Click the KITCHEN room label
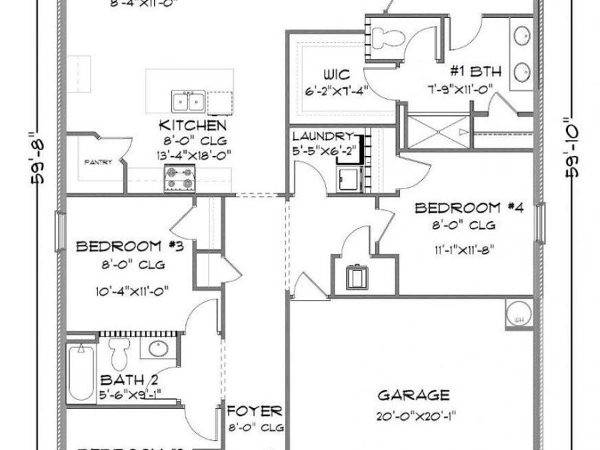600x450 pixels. coord(192,125)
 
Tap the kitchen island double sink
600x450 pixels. coord(187,102)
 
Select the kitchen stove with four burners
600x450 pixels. coord(179,178)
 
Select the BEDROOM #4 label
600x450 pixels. coord(469,209)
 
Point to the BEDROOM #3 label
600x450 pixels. coord(135,247)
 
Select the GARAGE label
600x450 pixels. coord(413,395)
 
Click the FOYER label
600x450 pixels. coord(255,411)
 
